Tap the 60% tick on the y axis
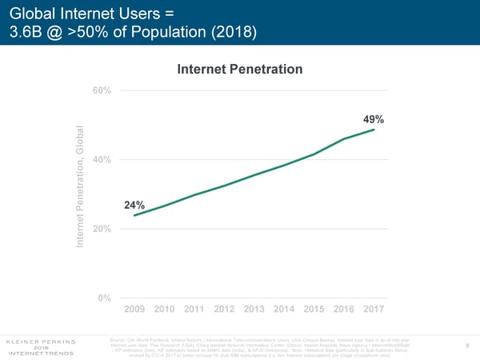[102, 90]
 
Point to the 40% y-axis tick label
[102, 160]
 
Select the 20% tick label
[102, 230]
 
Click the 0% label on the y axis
[104, 298]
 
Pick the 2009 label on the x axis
[134, 310]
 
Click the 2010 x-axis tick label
[164, 310]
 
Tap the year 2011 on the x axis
[194, 310]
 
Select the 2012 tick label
[225, 310]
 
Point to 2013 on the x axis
[254, 310]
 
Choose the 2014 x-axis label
[284, 310]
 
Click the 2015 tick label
[314, 310]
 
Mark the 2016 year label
[345, 310]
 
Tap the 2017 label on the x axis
[374, 310]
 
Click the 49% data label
[374, 119]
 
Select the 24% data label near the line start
[134, 206]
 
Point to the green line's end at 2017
[374, 130]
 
